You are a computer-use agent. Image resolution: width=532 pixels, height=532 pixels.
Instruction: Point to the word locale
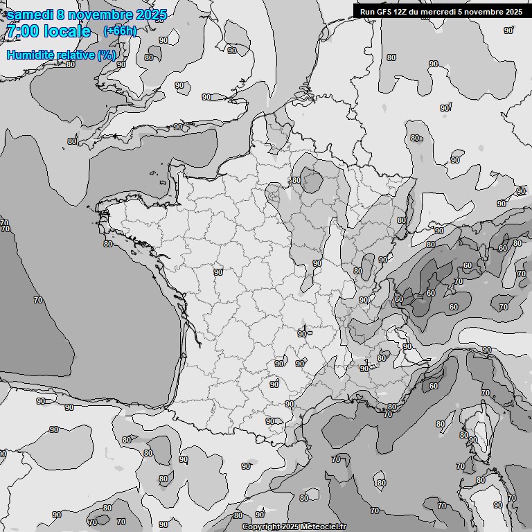[x=67, y=31]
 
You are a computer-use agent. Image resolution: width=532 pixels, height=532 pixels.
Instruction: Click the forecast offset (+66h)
[x=120, y=31]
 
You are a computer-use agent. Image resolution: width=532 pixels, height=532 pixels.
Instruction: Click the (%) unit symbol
[x=107, y=55]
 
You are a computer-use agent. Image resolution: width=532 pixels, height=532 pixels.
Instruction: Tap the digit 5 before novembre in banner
[x=460, y=11]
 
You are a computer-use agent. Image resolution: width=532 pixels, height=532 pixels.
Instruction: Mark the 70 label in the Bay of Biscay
[x=38, y=300]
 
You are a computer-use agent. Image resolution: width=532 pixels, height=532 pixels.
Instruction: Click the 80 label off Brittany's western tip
[x=107, y=244]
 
